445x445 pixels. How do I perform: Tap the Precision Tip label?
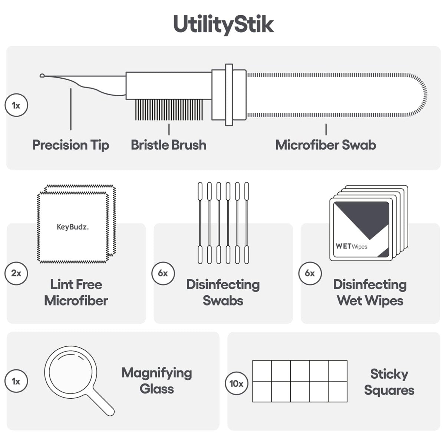point(71,145)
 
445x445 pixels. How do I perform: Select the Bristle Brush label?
point(169,145)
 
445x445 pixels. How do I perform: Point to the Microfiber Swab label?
point(326,145)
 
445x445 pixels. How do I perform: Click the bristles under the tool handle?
point(169,110)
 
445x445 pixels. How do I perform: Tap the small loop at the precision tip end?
point(42,76)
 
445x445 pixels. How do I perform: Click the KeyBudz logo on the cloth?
point(73,227)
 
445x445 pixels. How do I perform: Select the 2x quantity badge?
point(16,273)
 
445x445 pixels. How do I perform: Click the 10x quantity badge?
point(236,383)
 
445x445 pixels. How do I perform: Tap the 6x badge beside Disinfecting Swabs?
point(163,273)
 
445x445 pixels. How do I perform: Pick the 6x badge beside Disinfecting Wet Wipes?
point(310,273)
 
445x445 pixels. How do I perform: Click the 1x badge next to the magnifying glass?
point(16,381)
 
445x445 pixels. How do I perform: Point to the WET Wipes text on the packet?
point(352,246)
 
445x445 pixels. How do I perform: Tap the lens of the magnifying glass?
point(71,372)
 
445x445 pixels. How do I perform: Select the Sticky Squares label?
point(389,382)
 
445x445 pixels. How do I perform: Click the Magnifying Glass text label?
point(157,380)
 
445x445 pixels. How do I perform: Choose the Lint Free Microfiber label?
point(76,292)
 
